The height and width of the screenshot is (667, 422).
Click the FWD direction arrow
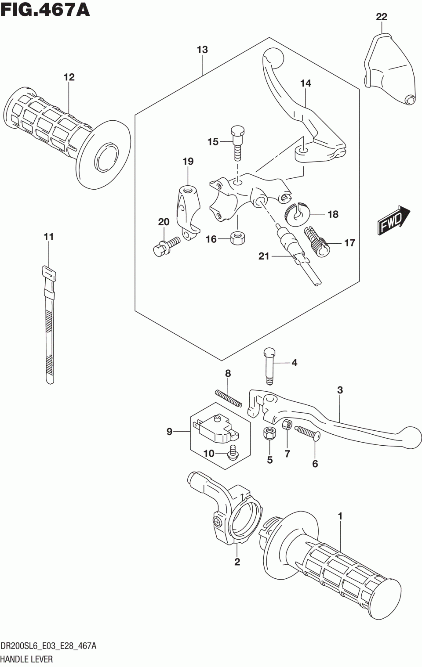[x=394, y=220]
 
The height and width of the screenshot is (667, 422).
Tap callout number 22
[x=382, y=17]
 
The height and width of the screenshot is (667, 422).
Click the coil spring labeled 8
[x=229, y=399]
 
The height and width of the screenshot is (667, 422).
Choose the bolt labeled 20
[x=166, y=246]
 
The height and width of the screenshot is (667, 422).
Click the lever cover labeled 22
[x=389, y=69]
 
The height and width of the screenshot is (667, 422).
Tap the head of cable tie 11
[x=48, y=274]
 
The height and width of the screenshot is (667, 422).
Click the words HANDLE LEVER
[x=27, y=659]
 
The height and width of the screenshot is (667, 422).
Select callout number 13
[x=202, y=50]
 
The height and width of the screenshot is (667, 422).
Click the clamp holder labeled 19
[x=188, y=214]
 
